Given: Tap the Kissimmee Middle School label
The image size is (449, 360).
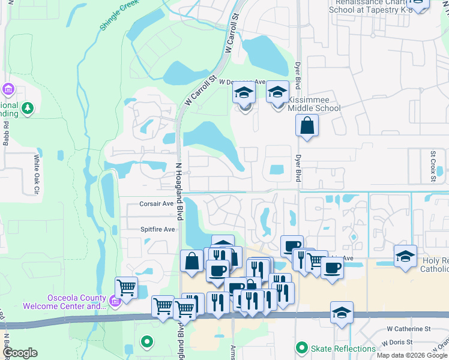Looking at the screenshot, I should (x=314, y=104).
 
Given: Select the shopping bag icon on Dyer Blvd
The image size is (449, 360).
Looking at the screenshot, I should (x=307, y=126).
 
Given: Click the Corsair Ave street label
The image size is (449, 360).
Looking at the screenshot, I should (x=157, y=203).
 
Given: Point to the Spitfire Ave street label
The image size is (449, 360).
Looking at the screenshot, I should (x=157, y=229).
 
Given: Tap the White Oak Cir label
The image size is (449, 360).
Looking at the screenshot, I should (x=37, y=174).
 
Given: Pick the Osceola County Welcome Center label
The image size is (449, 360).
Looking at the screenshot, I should (x=65, y=302).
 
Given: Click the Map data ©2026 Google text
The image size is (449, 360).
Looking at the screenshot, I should (x=412, y=355).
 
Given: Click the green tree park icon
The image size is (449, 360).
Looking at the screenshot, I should (x=27, y=108).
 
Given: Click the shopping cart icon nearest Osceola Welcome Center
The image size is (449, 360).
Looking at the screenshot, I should (x=126, y=288).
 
